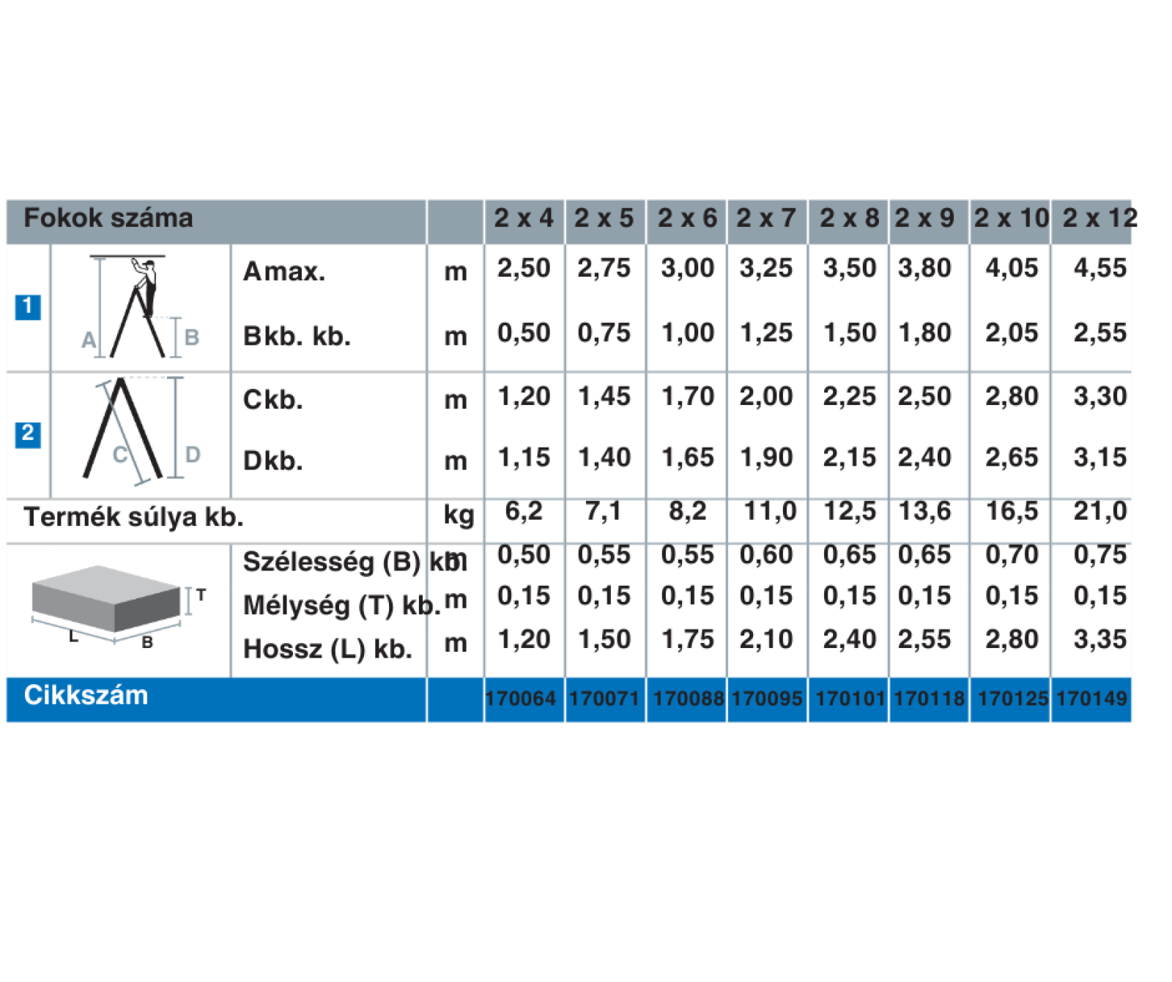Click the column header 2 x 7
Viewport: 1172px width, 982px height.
(765, 217)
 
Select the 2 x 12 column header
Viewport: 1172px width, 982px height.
(1099, 217)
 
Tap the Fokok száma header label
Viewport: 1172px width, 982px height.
(108, 217)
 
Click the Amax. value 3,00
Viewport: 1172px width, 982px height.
(687, 268)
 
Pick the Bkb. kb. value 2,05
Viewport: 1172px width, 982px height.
(1012, 332)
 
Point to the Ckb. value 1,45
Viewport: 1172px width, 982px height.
(604, 396)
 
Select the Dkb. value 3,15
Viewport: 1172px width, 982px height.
(1100, 457)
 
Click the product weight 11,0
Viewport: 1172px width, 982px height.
(770, 510)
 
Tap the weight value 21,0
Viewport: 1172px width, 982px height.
(1100, 510)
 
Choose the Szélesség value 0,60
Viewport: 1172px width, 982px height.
(766, 554)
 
